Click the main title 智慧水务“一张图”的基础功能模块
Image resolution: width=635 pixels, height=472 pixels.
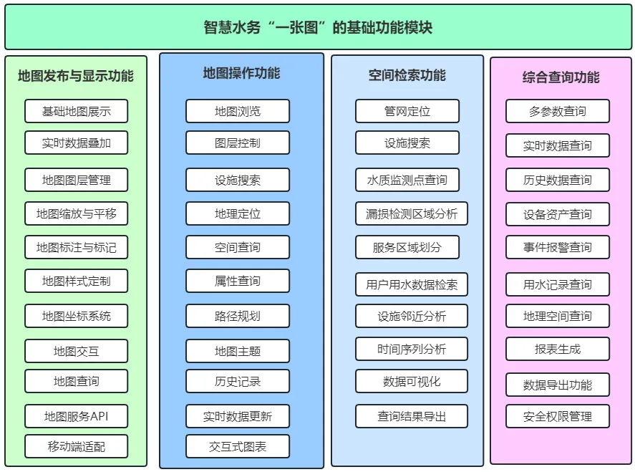point(318,27)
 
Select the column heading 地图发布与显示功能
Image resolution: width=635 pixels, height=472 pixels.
point(76,76)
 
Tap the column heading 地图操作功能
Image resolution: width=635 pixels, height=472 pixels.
point(241,73)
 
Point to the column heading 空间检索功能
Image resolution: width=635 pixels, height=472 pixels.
point(407,75)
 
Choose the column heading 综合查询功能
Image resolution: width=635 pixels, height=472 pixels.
point(561,77)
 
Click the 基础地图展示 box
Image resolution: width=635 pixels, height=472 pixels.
point(76,111)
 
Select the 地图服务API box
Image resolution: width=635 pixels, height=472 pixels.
point(76,416)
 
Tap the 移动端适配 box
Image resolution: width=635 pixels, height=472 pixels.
point(76,446)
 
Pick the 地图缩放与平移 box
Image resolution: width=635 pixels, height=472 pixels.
point(76,213)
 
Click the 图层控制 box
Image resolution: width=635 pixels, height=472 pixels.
point(238,143)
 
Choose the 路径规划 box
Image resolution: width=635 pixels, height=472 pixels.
point(238,316)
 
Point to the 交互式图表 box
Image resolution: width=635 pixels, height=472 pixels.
point(238,446)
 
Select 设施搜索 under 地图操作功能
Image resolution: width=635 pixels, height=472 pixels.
point(238,180)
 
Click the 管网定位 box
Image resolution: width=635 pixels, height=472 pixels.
point(407,111)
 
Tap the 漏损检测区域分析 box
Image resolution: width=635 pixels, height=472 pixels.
point(412,213)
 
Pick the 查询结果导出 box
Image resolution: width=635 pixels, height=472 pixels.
point(412,416)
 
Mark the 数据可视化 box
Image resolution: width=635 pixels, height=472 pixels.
point(412,381)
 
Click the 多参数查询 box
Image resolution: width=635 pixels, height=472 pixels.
point(558,111)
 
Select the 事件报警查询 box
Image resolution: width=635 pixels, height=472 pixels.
point(558,247)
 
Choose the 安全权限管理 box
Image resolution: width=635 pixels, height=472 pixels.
point(558,416)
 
